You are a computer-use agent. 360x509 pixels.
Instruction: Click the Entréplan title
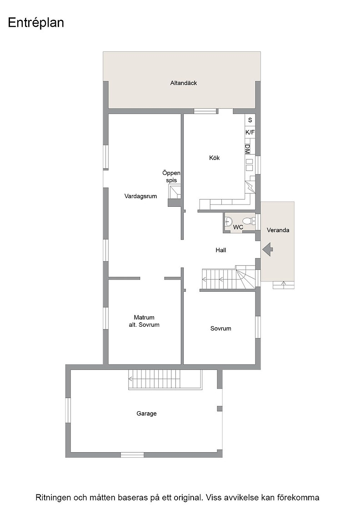[x=36, y=23]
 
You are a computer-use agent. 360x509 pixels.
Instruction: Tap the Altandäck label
[x=183, y=83]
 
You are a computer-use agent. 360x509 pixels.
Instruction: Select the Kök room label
[x=214, y=158]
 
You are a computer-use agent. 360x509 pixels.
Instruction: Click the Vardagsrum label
[x=140, y=196]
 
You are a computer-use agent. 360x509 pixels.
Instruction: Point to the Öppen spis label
[x=171, y=177]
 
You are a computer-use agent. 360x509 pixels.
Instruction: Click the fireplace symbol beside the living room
[x=175, y=191]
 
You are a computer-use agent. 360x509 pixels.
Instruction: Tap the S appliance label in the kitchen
[x=250, y=120]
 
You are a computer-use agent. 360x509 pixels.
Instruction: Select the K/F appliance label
[x=250, y=132]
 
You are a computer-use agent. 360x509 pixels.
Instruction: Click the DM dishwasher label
[x=248, y=149]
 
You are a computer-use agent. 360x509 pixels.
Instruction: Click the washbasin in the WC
[x=229, y=221]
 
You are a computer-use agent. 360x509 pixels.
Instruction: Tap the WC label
[x=238, y=227]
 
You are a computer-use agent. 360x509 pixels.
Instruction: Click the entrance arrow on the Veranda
[x=267, y=250]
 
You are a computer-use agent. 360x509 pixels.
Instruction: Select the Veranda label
[x=278, y=230]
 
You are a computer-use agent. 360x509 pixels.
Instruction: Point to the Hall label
[x=221, y=250]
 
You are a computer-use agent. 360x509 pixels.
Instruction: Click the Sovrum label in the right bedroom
[x=221, y=329]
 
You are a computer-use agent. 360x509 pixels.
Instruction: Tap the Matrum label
[x=144, y=318]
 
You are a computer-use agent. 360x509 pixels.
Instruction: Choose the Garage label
[x=146, y=414]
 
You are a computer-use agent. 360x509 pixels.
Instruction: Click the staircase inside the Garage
[x=165, y=379]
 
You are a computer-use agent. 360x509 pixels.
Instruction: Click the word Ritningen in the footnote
[x=52, y=498]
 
